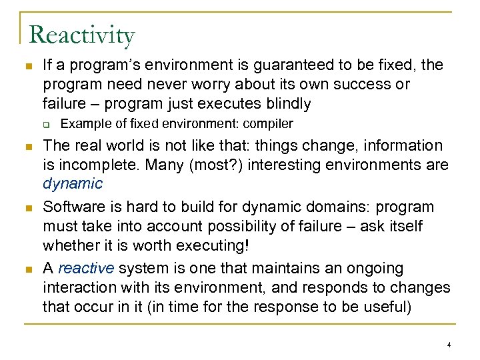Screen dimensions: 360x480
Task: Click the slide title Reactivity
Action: click(82, 35)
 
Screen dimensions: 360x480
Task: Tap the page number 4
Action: click(449, 345)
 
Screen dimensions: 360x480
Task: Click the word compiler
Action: click(266, 123)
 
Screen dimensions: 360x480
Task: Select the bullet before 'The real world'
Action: click(26, 146)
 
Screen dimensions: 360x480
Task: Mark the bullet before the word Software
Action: click(26, 207)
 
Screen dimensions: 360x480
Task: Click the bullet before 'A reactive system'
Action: click(26, 269)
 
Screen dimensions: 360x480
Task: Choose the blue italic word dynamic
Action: click(73, 183)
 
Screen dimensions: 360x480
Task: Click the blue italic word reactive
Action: click(87, 269)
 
